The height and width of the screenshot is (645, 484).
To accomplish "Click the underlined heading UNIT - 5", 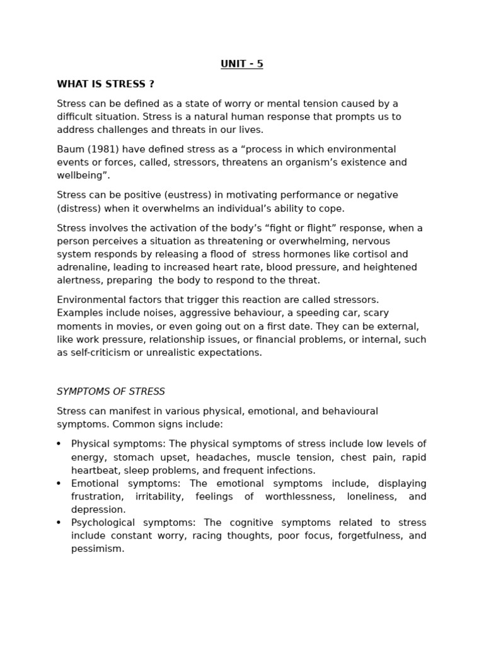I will (x=241, y=64).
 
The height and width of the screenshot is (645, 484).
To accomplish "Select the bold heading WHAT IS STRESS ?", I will (x=105, y=84).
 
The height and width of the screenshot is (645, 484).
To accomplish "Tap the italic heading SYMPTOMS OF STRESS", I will (x=111, y=391).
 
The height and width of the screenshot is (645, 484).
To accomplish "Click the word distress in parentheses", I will (x=79, y=208).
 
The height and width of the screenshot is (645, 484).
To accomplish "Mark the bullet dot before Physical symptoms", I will (x=59, y=444).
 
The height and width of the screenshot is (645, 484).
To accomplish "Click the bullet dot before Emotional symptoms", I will (x=59, y=484).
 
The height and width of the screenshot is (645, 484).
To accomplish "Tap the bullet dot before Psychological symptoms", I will (x=59, y=523).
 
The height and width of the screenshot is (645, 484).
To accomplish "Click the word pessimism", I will (x=98, y=549).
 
